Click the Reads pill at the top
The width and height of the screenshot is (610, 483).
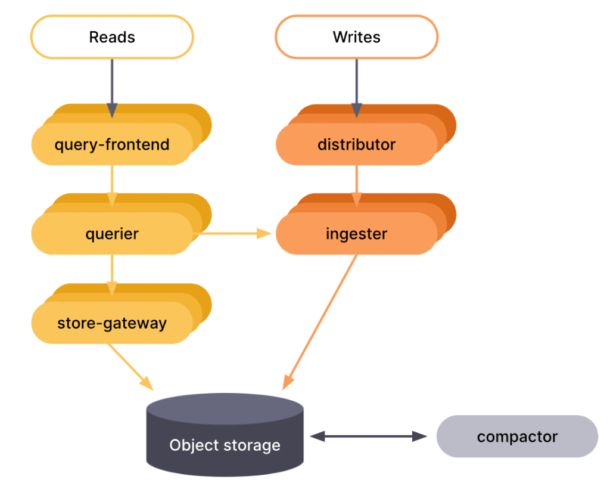coord(112,37)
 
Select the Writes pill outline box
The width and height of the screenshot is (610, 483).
coord(356,37)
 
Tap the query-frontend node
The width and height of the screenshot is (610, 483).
coord(112,144)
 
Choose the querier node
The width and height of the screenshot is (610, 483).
coord(112,234)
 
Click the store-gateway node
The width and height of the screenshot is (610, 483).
coord(112,323)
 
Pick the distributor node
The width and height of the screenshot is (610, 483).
coord(356,144)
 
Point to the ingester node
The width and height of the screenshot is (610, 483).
coord(356,234)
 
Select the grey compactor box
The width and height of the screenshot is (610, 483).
coord(517,436)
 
